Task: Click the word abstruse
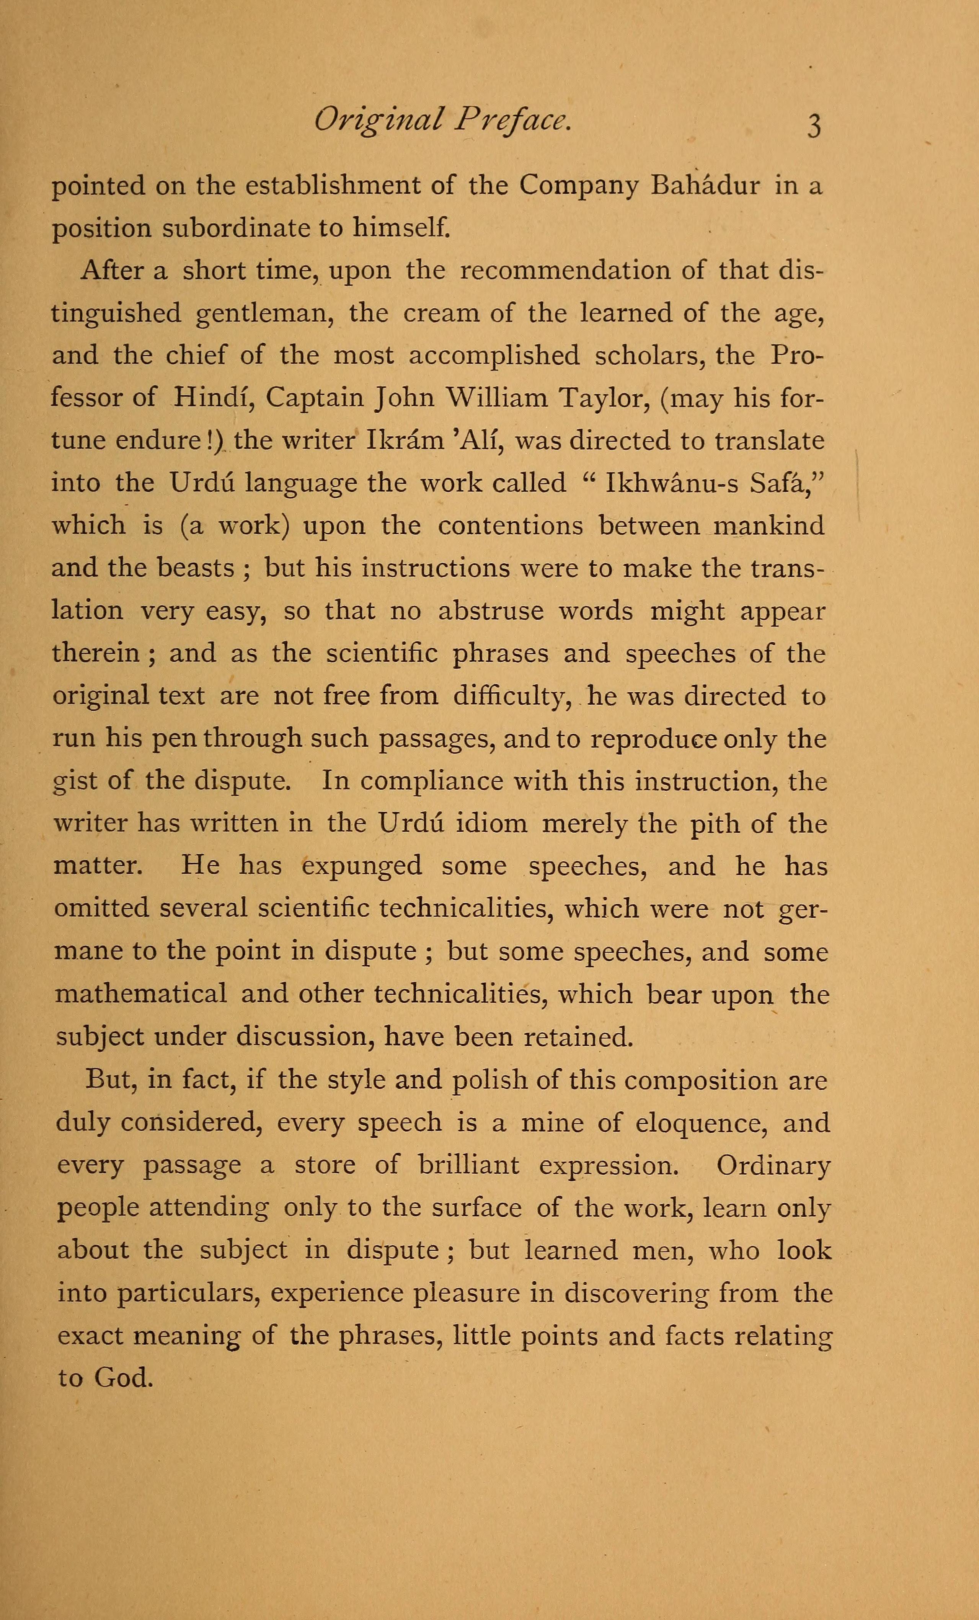[x=491, y=611]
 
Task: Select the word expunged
[x=362, y=867]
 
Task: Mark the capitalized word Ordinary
[x=773, y=1166]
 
